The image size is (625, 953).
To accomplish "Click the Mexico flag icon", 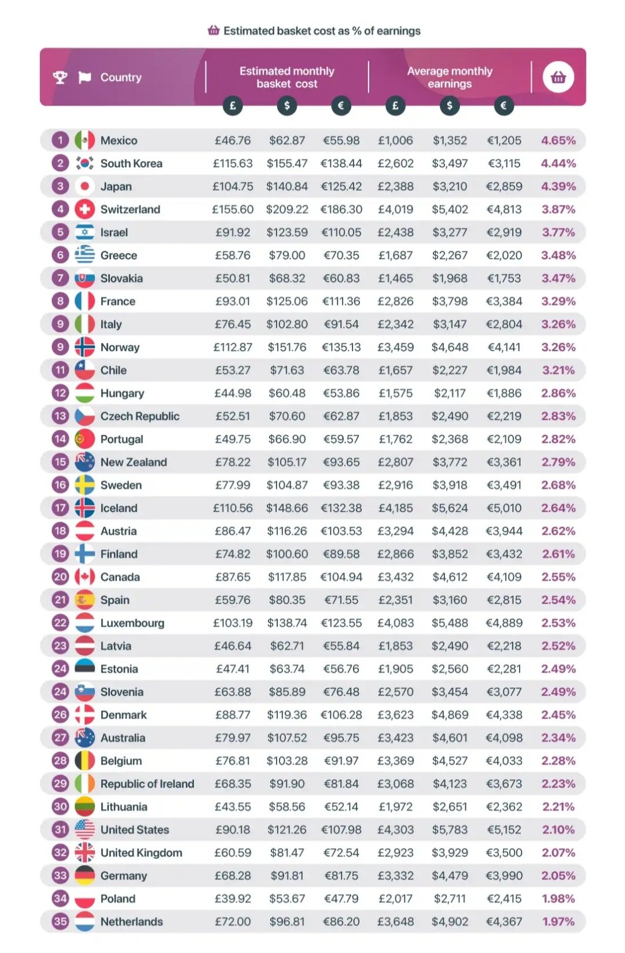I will coord(84,141).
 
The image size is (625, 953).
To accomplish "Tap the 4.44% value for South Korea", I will coord(558,164).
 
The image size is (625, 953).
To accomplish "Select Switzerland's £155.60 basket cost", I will coord(233,209).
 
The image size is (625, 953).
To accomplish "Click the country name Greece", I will coord(119,256).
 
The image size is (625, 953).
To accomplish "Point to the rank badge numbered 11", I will coord(60,370).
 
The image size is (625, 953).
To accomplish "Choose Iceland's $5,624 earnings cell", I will coord(450,508).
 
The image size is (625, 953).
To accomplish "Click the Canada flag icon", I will coord(84,577).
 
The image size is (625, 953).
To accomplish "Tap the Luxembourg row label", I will coord(132,623).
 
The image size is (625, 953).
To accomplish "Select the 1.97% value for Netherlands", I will coord(558,922).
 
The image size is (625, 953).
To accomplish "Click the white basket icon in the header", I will coord(558,77).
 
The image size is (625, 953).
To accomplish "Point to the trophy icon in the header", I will coord(60,77).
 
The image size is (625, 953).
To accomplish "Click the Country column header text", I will coord(120,77).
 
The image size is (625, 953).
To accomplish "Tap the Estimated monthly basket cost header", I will coord(287,77).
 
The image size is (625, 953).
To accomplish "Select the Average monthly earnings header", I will coord(450,77).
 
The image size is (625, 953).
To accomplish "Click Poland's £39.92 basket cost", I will coord(233,899).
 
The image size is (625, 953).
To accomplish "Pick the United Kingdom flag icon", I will coord(84,853).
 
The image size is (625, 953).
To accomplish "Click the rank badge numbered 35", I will coord(60,922).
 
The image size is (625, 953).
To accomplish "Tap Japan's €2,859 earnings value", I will coord(504,187).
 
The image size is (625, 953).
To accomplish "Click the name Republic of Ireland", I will coord(147,784).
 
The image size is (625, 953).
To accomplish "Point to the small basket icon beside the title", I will coord(214,30).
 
